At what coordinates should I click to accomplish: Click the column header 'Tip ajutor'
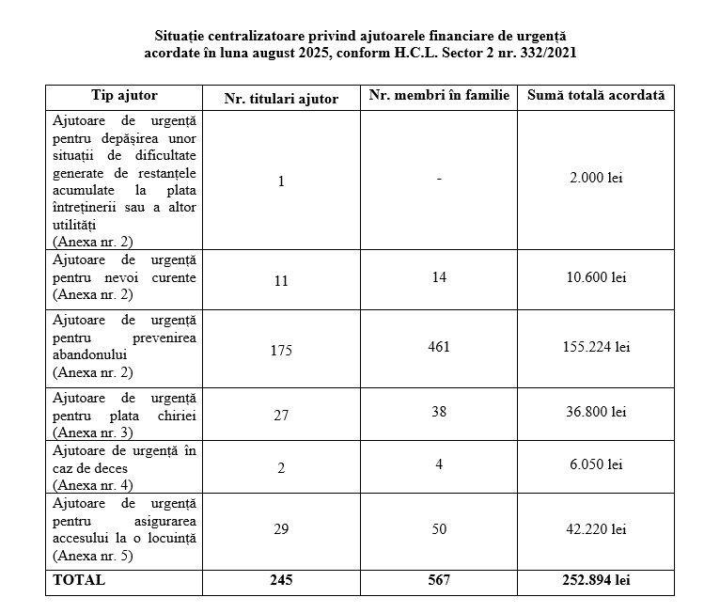click(124, 96)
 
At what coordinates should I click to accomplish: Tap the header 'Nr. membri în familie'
click(439, 96)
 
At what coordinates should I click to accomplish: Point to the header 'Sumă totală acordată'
click(595, 96)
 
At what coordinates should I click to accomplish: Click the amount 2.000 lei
click(595, 178)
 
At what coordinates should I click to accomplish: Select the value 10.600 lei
click(595, 277)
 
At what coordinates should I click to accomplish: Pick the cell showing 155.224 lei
click(595, 347)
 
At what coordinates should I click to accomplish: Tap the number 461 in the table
click(438, 347)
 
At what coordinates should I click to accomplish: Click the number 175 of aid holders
click(280, 351)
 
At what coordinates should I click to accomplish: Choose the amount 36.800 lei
click(595, 411)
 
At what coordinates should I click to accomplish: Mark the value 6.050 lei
click(595, 464)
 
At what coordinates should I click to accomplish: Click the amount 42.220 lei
click(595, 530)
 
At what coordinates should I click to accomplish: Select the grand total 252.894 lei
click(595, 580)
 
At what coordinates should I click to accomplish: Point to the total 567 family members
click(438, 580)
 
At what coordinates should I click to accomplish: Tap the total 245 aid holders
click(280, 580)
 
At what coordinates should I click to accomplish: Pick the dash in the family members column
click(438, 178)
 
